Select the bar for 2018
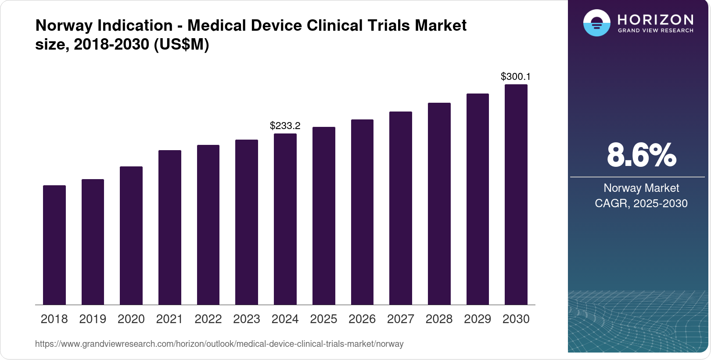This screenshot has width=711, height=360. pyautogui.click(x=54, y=245)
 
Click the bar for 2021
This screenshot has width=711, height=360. pyautogui.click(x=170, y=227)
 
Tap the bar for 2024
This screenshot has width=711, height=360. pyautogui.click(x=285, y=219)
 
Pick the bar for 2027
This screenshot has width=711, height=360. pyautogui.click(x=401, y=208)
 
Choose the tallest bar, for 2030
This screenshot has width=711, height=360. pyautogui.click(x=516, y=194)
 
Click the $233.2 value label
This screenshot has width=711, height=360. pyautogui.click(x=285, y=126)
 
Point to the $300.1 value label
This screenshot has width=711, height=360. pyautogui.click(x=516, y=77)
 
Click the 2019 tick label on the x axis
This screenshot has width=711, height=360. pyautogui.click(x=93, y=319)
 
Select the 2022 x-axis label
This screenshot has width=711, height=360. pyautogui.click(x=208, y=319)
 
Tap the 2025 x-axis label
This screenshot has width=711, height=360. pyautogui.click(x=323, y=319)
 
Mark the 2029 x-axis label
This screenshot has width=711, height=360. pyautogui.click(x=478, y=319)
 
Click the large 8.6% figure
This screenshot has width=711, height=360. pyautogui.click(x=641, y=155)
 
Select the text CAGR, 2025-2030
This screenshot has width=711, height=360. pyautogui.click(x=641, y=203)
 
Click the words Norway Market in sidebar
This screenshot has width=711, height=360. pyautogui.click(x=641, y=188)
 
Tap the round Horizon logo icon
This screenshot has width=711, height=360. pyautogui.click(x=596, y=23)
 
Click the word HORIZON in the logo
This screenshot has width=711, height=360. pyautogui.click(x=655, y=19)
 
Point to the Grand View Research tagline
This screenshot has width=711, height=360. pyautogui.click(x=655, y=31)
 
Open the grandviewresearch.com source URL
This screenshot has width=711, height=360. pyautogui.click(x=219, y=344)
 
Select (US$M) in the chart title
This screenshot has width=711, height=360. pyautogui.click(x=181, y=44)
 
